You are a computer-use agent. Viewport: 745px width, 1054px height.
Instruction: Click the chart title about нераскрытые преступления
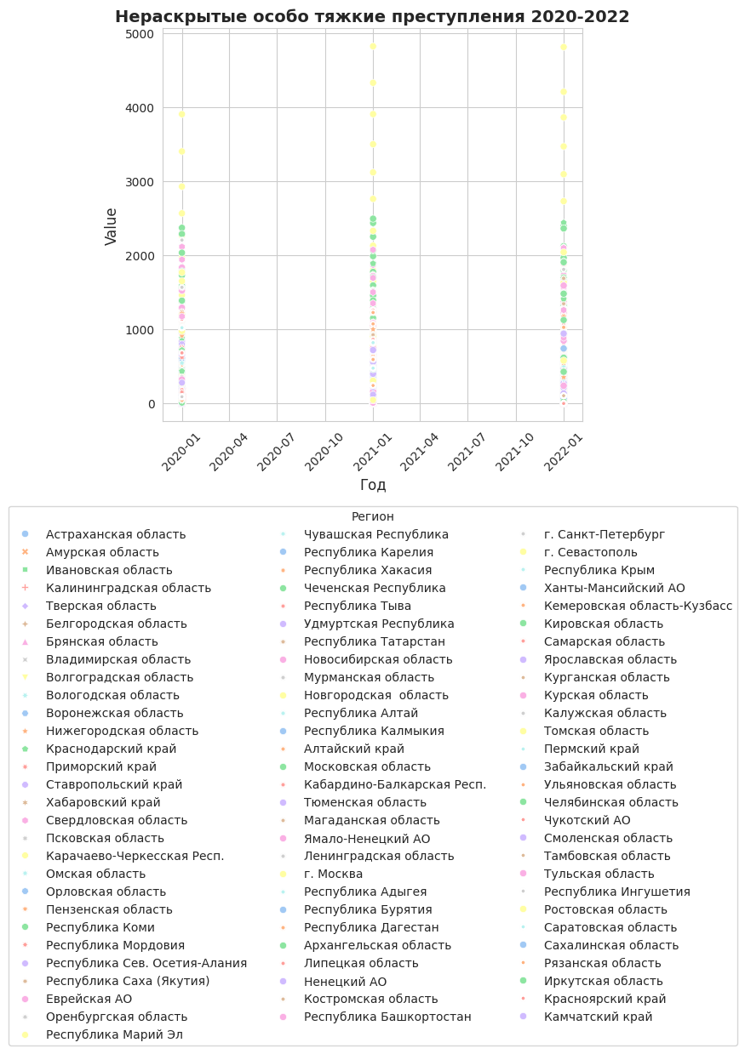(x=372, y=17)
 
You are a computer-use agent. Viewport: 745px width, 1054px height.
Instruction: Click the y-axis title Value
(x=111, y=227)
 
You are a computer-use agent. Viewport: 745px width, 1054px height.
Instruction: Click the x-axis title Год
(x=373, y=485)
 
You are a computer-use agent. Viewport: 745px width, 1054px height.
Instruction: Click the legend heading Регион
(x=372, y=516)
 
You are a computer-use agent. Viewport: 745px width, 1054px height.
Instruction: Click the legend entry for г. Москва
(x=334, y=874)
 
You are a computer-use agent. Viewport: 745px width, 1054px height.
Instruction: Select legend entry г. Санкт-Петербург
(x=605, y=534)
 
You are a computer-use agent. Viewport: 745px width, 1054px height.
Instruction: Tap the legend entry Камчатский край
(x=599, y=1017)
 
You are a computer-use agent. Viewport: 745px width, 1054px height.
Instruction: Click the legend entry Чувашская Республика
(x=376, y=534)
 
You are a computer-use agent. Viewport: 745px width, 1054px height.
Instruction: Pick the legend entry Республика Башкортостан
(x=387, y=1017)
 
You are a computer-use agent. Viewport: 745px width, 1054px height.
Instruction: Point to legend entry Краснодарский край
(x=112, y=749)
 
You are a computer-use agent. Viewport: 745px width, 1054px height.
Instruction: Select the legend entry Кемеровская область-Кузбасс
(x=639, y=606)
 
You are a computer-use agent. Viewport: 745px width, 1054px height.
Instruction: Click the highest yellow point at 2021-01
(x=373, y=46)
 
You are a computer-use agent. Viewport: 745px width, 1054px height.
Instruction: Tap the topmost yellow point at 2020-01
(x=181, y=114)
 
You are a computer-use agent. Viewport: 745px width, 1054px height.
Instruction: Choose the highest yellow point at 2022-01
(x=564, y=47)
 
